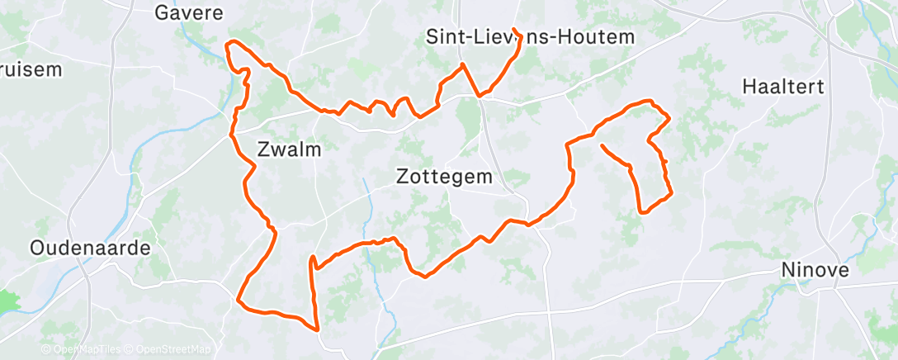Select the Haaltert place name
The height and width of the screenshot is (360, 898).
783,87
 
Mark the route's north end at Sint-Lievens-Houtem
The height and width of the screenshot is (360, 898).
514,31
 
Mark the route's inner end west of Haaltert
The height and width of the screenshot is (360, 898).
602,146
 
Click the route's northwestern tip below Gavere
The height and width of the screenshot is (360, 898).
229,44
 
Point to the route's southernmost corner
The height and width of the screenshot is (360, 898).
317,329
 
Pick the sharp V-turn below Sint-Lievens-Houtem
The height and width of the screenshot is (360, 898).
480,95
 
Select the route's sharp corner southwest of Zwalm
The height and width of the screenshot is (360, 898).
239,300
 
